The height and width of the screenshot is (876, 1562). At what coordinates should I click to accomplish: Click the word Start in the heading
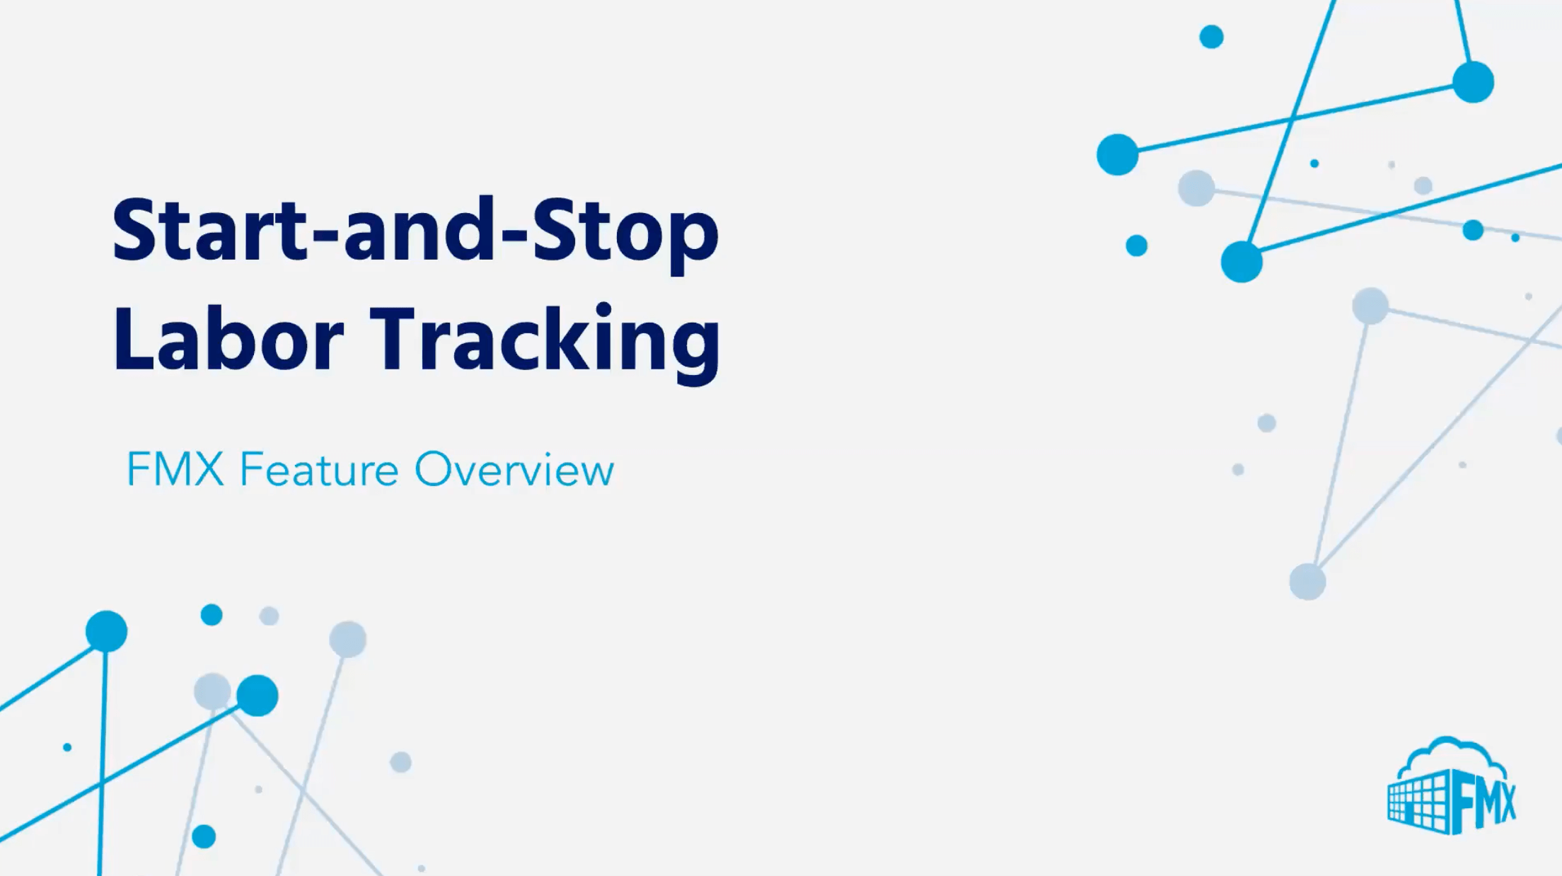tap(209, 231)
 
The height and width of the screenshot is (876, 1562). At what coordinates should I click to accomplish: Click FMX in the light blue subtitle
tap(175, 469)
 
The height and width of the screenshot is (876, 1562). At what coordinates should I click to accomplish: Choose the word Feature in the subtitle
tap(319, 469)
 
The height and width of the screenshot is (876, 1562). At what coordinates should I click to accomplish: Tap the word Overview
tap(514, 469)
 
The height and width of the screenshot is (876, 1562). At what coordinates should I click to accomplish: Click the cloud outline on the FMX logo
tap(1450, 754)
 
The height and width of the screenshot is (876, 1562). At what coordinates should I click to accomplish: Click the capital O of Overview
tap(434, 469)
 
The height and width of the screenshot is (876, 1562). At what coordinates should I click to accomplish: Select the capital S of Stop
tap(553, 231)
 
